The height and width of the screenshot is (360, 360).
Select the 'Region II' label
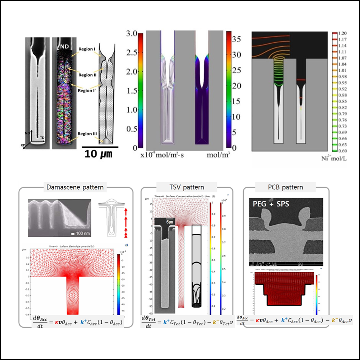pyautogui.click(x=88, y=75)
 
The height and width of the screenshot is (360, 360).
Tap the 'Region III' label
pyautogui.click(x=87, y=134)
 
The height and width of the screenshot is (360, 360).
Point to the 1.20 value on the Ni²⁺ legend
pyautogui.click(x=343, y=33)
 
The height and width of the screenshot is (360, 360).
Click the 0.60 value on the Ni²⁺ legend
pyautogui.click(x=343, y=151)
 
